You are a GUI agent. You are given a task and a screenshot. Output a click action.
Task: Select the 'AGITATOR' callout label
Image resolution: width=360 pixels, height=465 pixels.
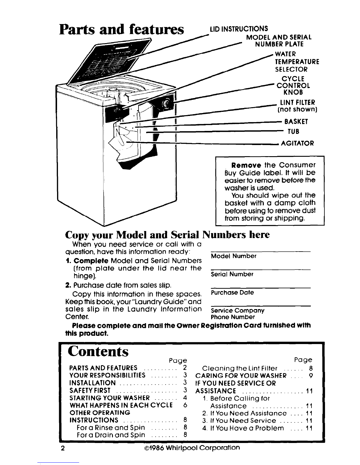tap(298, 143)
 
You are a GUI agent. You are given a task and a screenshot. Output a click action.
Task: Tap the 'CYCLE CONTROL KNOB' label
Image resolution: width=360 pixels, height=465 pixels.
tap(292, 85)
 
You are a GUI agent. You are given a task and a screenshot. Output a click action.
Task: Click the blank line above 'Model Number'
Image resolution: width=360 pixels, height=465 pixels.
tap(261, 251)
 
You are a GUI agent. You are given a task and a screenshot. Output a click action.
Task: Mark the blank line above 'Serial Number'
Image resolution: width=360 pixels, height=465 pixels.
tap(261, 269)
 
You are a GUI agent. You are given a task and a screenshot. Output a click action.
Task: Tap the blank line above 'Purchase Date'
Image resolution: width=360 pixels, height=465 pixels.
tap(261, 288)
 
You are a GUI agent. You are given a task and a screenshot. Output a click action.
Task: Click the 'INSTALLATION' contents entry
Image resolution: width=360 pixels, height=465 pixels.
tap(92, 383)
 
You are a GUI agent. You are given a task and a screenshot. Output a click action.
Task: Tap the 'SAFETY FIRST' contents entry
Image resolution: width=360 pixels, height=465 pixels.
tap(90, 390)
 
